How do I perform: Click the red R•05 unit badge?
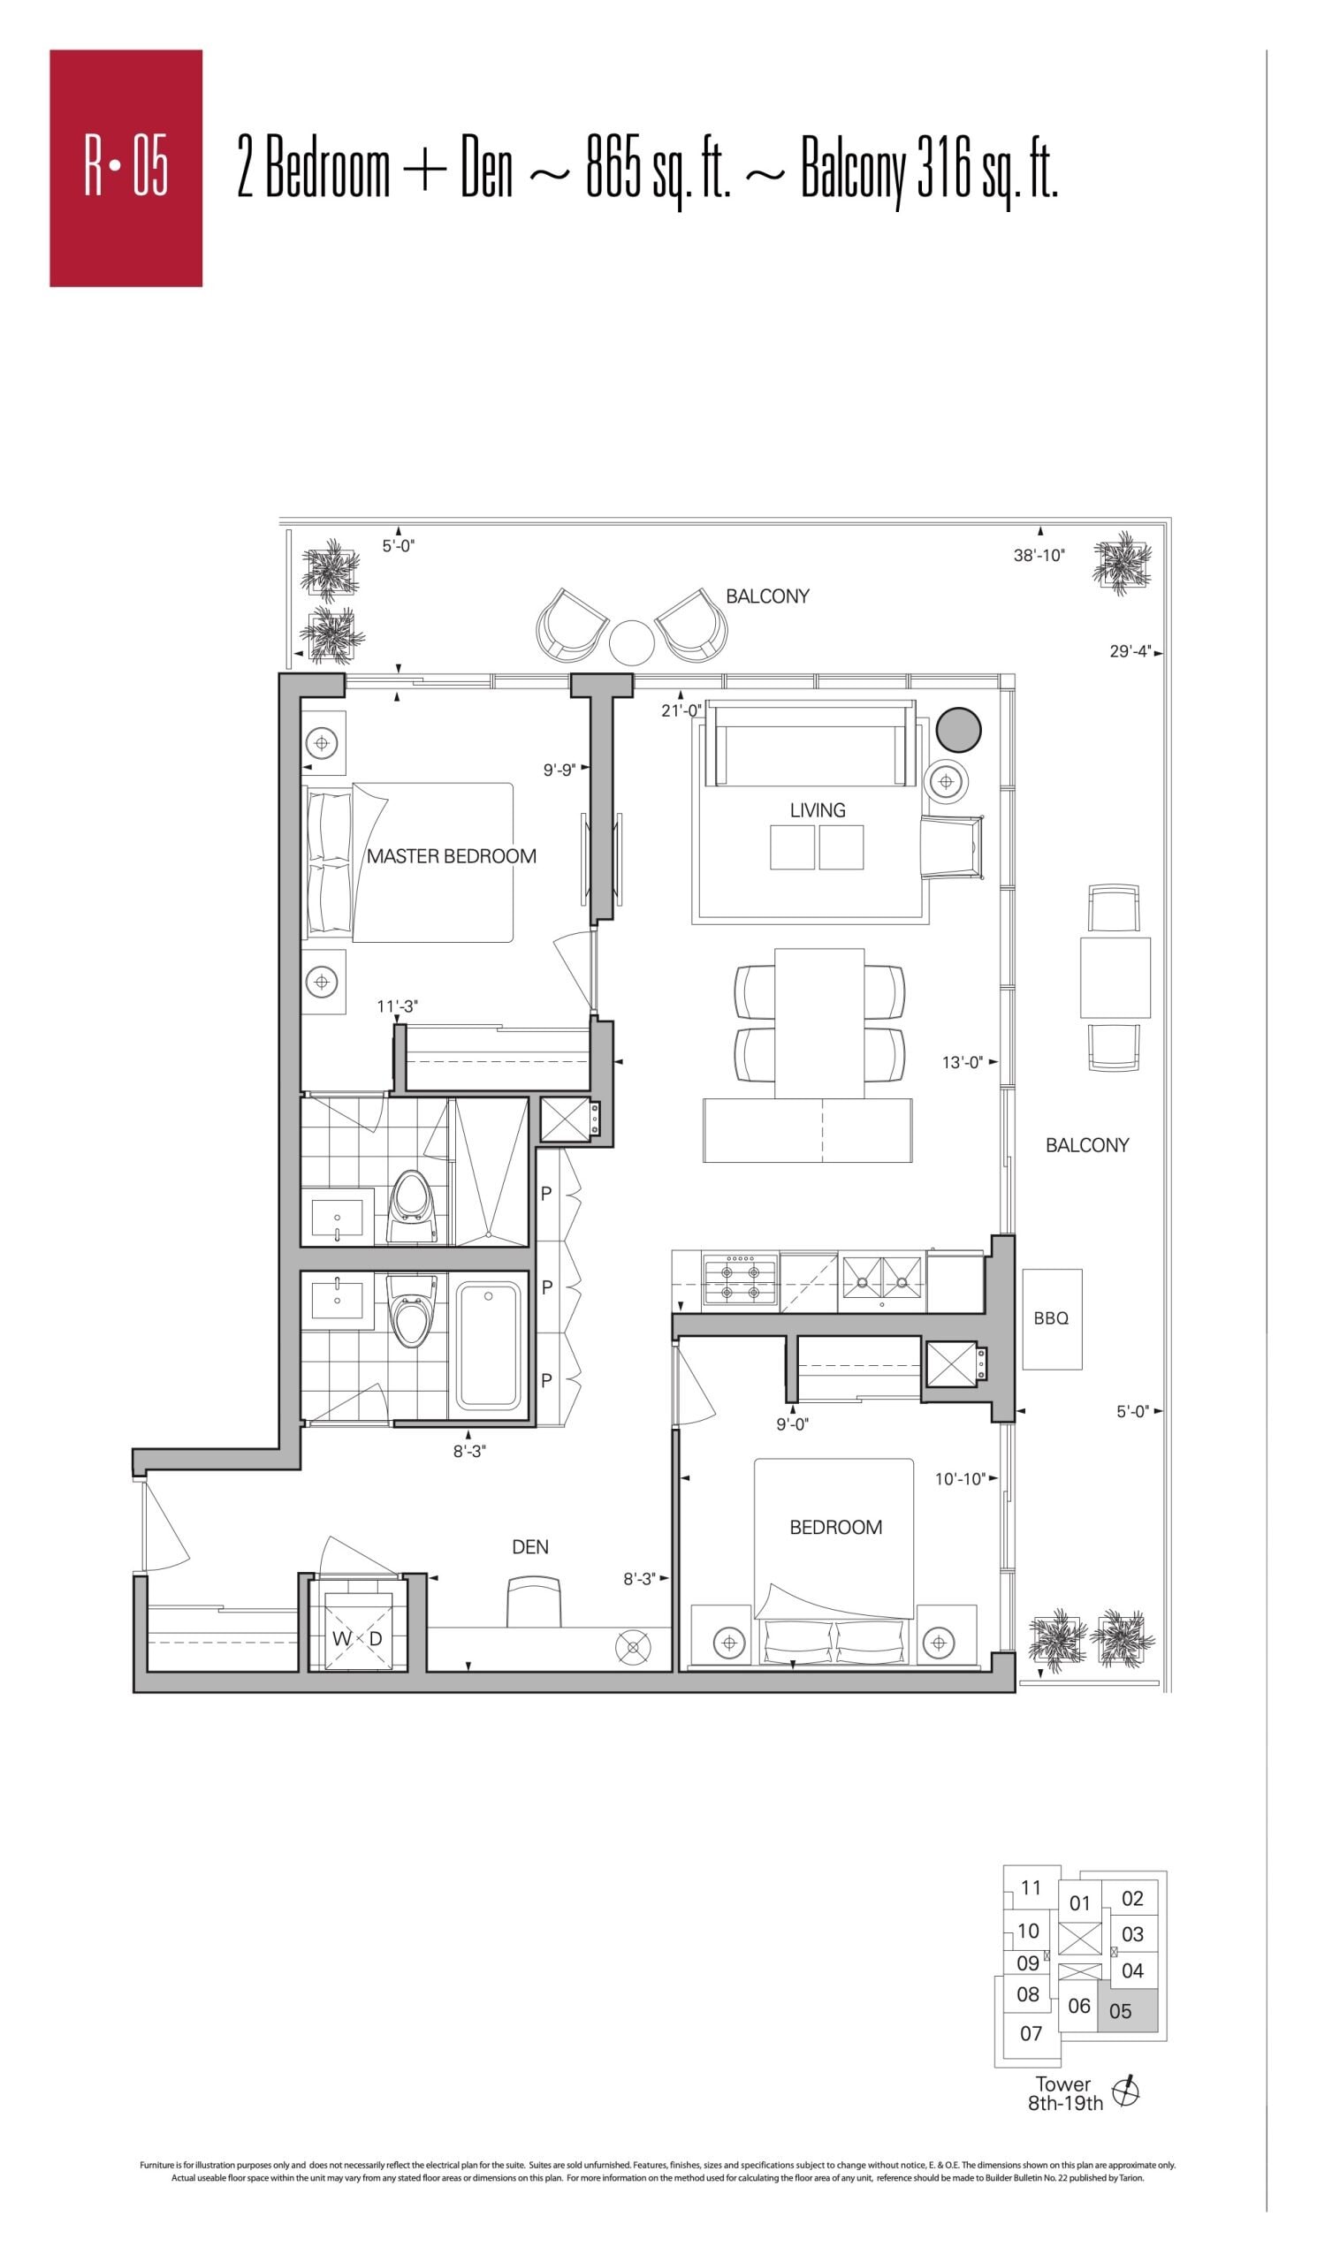point(126,168)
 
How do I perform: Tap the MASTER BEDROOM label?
point(451,856)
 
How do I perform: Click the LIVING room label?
point(817,809)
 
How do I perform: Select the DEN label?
point(529,1546)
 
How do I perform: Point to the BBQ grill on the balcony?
point(1051,1318)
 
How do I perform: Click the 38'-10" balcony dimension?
point(1039,556)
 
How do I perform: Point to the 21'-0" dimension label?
point(681,711)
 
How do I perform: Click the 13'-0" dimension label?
point(963,1063)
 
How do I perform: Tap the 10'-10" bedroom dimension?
point(960,1478)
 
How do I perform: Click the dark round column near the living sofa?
point(958,730)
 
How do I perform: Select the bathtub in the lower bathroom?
point(488,1346)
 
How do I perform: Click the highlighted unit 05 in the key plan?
point(1128,2011)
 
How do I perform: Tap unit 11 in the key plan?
point(1031,1886)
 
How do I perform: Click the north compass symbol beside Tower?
point(1126,2091)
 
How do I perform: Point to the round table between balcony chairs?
point(631,642)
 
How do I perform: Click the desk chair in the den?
point(534,1601)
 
